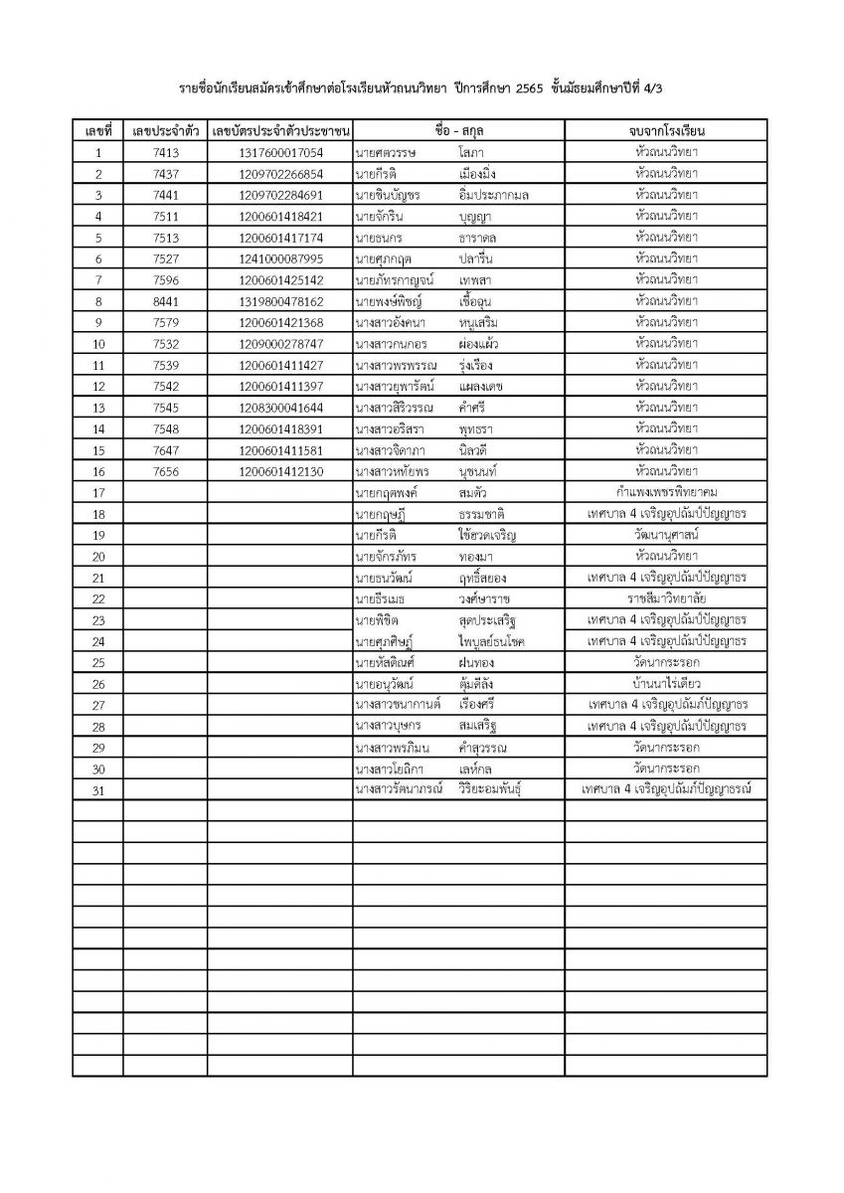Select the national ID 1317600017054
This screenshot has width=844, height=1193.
[x=281, y=153]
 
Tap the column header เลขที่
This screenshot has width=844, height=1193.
[x=97, y=131]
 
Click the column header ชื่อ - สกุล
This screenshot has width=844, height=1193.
[x=458, y=131]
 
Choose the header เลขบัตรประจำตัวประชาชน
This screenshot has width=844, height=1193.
[x=281, y=131]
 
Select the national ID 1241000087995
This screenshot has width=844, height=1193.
[x=281, y=258]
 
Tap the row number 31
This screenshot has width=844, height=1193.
[x=97, y=790]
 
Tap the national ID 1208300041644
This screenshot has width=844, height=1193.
[x=281, y=408]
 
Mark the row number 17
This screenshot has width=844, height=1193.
[x=97, y=493]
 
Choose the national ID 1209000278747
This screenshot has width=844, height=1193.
[x=281, y=344]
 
